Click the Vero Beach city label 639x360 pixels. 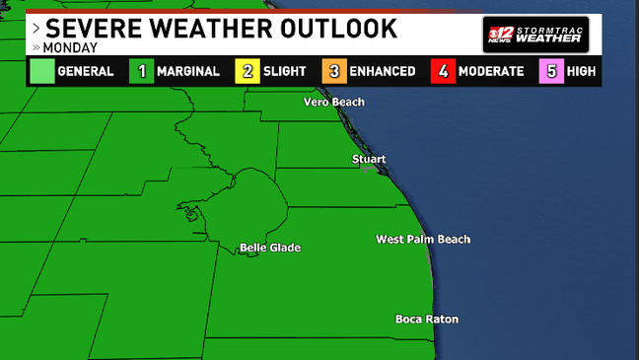(333, 102)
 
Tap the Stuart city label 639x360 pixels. (369, 159)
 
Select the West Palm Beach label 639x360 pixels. (423, 240)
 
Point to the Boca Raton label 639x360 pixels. (426, 319)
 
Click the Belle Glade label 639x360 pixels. (270, 248)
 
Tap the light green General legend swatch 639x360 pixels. (40, 71)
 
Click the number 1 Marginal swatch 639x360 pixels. (142, 71)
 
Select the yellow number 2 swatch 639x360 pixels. (247, 71)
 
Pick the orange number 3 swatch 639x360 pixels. (334, 71)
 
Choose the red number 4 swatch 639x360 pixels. (444, 71)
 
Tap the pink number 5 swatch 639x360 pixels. (550, 71)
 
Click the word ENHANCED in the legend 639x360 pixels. (384, 71)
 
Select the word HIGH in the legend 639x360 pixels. (583, 71)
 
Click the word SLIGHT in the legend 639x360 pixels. (286, 71)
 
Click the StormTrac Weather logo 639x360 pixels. (535, 33)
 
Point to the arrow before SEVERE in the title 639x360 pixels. (36, 28)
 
